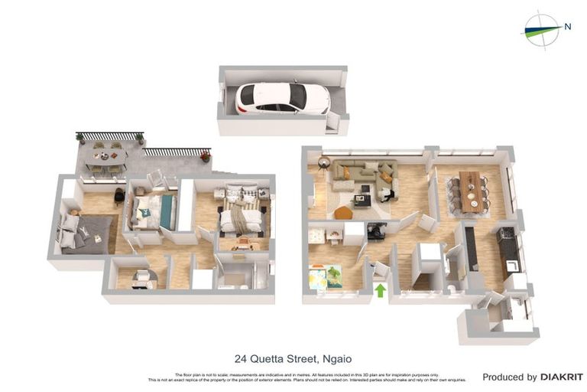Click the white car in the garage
(x=282, y=98)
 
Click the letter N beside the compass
(x=567, y=27)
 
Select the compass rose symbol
(x=540, y=31)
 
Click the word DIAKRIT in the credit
(x=562, y=377)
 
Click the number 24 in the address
(x=241, y=358)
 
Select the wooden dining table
(x=469, y=191)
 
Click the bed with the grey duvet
(x=86, y=233)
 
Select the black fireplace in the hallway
(x=375, y=230)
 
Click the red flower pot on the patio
(x=205, y=157)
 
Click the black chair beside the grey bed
(x=119, y=197)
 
